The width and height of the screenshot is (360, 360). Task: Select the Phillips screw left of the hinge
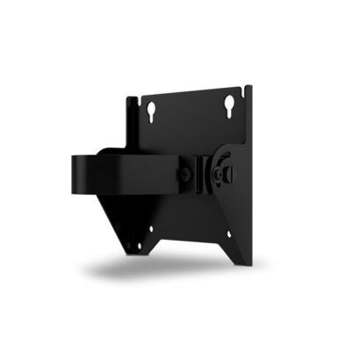185,175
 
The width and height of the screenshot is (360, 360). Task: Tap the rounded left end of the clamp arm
76,171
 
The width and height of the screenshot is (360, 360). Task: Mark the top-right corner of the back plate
250,87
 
